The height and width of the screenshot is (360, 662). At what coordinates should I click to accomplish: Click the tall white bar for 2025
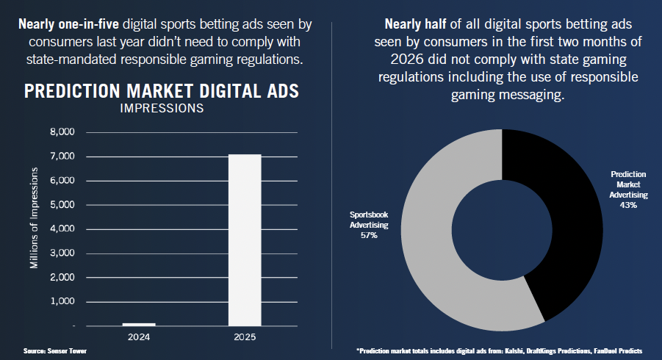tap(245, 239)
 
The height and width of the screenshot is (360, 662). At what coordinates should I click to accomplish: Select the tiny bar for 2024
tap(139, 324)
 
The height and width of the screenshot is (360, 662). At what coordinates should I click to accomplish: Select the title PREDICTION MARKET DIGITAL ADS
tap(162, 92)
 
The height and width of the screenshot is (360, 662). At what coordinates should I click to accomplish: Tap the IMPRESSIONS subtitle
tap(162, 109)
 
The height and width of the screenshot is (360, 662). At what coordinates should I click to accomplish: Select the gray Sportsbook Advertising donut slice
tap(433, 242)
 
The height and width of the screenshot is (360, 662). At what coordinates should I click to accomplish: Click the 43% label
tap(628, 206)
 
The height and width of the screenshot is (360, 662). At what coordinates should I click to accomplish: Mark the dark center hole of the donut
tap(501, 227)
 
